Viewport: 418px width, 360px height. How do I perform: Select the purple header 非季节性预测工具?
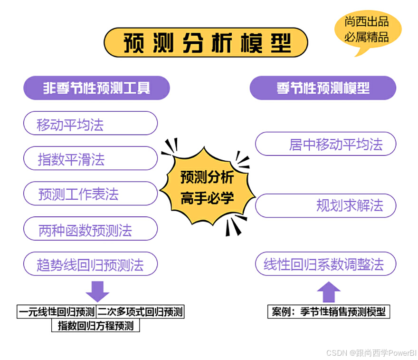[x=97, y=88]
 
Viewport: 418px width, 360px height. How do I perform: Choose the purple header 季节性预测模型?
[x=323, y=88]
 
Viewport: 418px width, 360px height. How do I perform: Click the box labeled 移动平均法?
[x=90, y=124]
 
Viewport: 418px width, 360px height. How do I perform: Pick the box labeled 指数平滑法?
[x=90, y=159]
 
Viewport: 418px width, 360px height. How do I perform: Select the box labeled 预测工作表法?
[x=90, y=194]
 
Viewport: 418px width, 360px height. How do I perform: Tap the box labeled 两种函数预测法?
[x=90, y=229]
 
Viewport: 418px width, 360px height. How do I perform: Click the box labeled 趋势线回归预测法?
[x=90, y=264]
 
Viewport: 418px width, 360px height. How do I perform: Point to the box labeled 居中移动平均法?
[x=326, y=144]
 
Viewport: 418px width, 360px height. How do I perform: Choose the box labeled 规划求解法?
[x=326, y=205]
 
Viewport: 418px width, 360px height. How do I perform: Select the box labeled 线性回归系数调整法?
[x=326, y=264]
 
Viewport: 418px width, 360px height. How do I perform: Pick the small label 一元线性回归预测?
[x=57, y=312]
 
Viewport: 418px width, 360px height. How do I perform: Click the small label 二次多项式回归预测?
[x=140, y=312]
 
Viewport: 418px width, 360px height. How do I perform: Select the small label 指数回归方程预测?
[x=95, y=326]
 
